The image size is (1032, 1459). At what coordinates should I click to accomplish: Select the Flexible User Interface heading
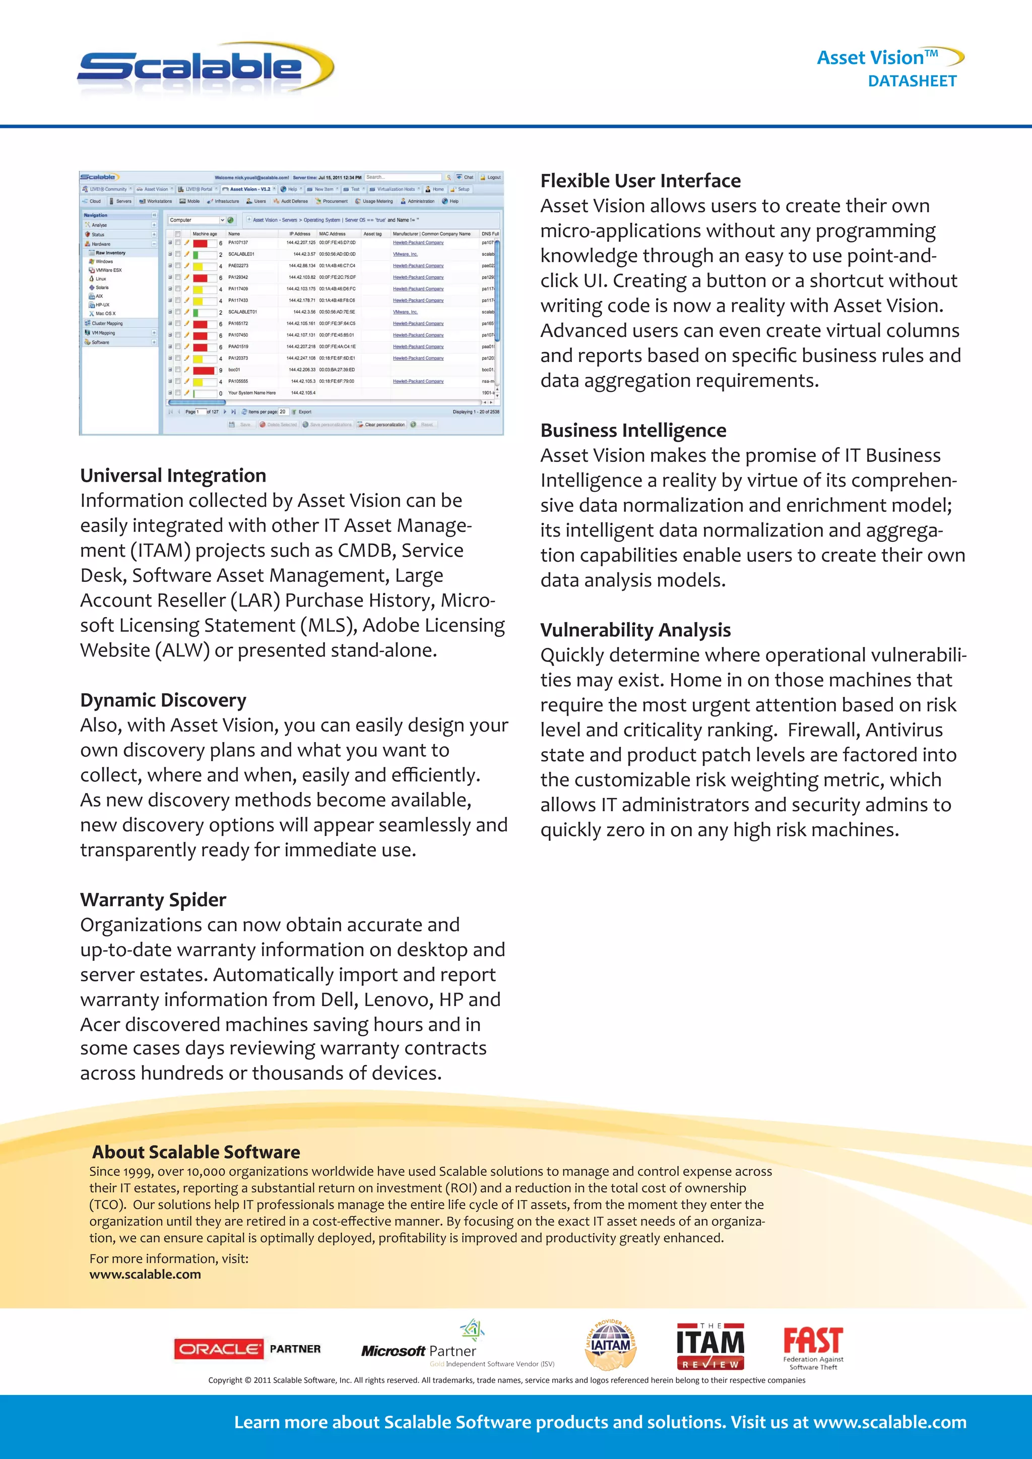click(640, 181)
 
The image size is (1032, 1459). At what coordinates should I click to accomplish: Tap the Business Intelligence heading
click(633, 431)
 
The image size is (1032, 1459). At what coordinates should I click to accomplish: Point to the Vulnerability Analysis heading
click(635, 630)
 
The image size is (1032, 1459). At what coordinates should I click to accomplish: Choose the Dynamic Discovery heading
click(163, 700)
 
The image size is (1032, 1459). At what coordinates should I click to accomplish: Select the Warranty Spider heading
click(153, 900)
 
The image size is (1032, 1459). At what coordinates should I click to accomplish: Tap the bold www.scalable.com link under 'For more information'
click(145, 1274)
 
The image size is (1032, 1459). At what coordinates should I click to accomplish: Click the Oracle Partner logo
click(247, 1349)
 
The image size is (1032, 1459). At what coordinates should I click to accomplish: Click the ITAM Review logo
click(710, 1346)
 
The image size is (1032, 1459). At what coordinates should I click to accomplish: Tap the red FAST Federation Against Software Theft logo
click(813, 1347)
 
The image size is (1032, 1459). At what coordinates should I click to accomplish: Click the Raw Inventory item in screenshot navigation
click(110, 253)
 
